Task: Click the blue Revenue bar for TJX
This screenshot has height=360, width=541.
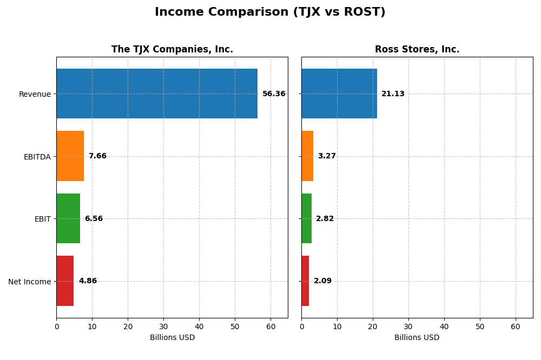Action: point(157,94)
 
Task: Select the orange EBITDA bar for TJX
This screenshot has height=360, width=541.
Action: point(70,156)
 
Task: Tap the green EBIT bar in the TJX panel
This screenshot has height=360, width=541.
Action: point(68,218)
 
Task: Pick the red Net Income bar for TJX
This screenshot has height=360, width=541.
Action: point(65,281)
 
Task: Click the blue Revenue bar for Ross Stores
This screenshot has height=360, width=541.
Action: point(339,94)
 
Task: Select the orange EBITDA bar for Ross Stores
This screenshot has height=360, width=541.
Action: point(307,156)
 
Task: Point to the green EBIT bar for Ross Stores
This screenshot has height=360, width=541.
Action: point(306,218)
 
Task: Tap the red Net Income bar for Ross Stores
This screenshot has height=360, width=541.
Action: point(305,281)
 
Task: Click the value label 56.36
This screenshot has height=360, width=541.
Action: point(274,94)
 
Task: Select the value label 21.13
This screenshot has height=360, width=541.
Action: point(393,94)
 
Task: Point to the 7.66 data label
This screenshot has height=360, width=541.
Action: point(97,156)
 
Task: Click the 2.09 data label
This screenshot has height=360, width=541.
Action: point(322,281)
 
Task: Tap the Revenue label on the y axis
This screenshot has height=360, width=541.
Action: point(35,95)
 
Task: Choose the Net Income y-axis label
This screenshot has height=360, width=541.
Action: point(30,282)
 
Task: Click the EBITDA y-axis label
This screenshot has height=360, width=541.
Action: point(37,157)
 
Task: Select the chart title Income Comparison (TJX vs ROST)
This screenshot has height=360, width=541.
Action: point(270,12)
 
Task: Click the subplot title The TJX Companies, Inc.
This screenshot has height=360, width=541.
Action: point(172,50)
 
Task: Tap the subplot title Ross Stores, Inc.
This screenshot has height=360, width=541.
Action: point(417,50)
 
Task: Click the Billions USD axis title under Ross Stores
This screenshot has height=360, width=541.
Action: point(417,338)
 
